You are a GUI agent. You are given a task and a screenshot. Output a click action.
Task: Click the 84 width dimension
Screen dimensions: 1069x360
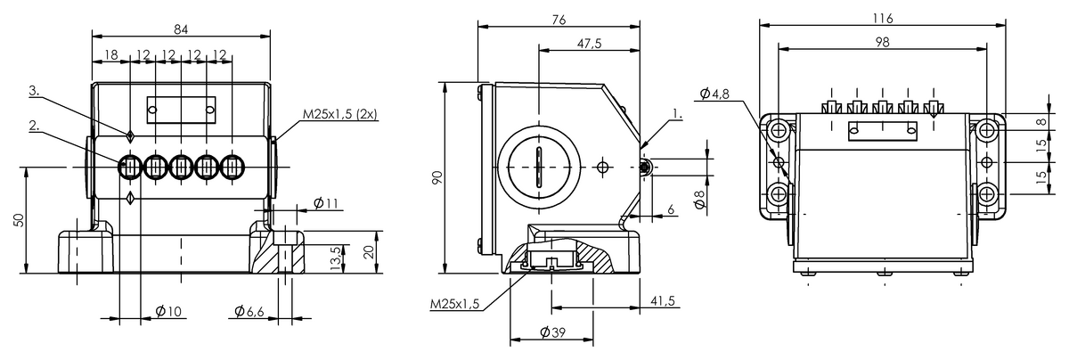(181, 29)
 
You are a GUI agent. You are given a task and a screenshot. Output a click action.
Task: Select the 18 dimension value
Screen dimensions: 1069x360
(110, 54)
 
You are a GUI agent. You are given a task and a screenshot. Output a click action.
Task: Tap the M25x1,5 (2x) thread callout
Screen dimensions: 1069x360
(339, 114)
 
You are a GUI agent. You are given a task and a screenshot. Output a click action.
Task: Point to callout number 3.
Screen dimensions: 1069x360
(34, 91)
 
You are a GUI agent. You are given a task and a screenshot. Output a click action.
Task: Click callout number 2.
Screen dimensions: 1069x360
(34, 126)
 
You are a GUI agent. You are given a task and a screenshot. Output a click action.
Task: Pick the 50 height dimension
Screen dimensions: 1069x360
(18, 220)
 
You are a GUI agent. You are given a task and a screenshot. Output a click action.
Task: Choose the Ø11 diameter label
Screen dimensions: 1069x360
(326, 203)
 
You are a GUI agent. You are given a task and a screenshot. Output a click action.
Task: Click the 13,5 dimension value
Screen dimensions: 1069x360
(336, 258)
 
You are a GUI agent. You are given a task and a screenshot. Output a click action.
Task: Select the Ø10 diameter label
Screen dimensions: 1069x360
(168, 312)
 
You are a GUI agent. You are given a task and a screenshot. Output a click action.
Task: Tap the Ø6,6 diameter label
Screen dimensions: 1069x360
(249, 312)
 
